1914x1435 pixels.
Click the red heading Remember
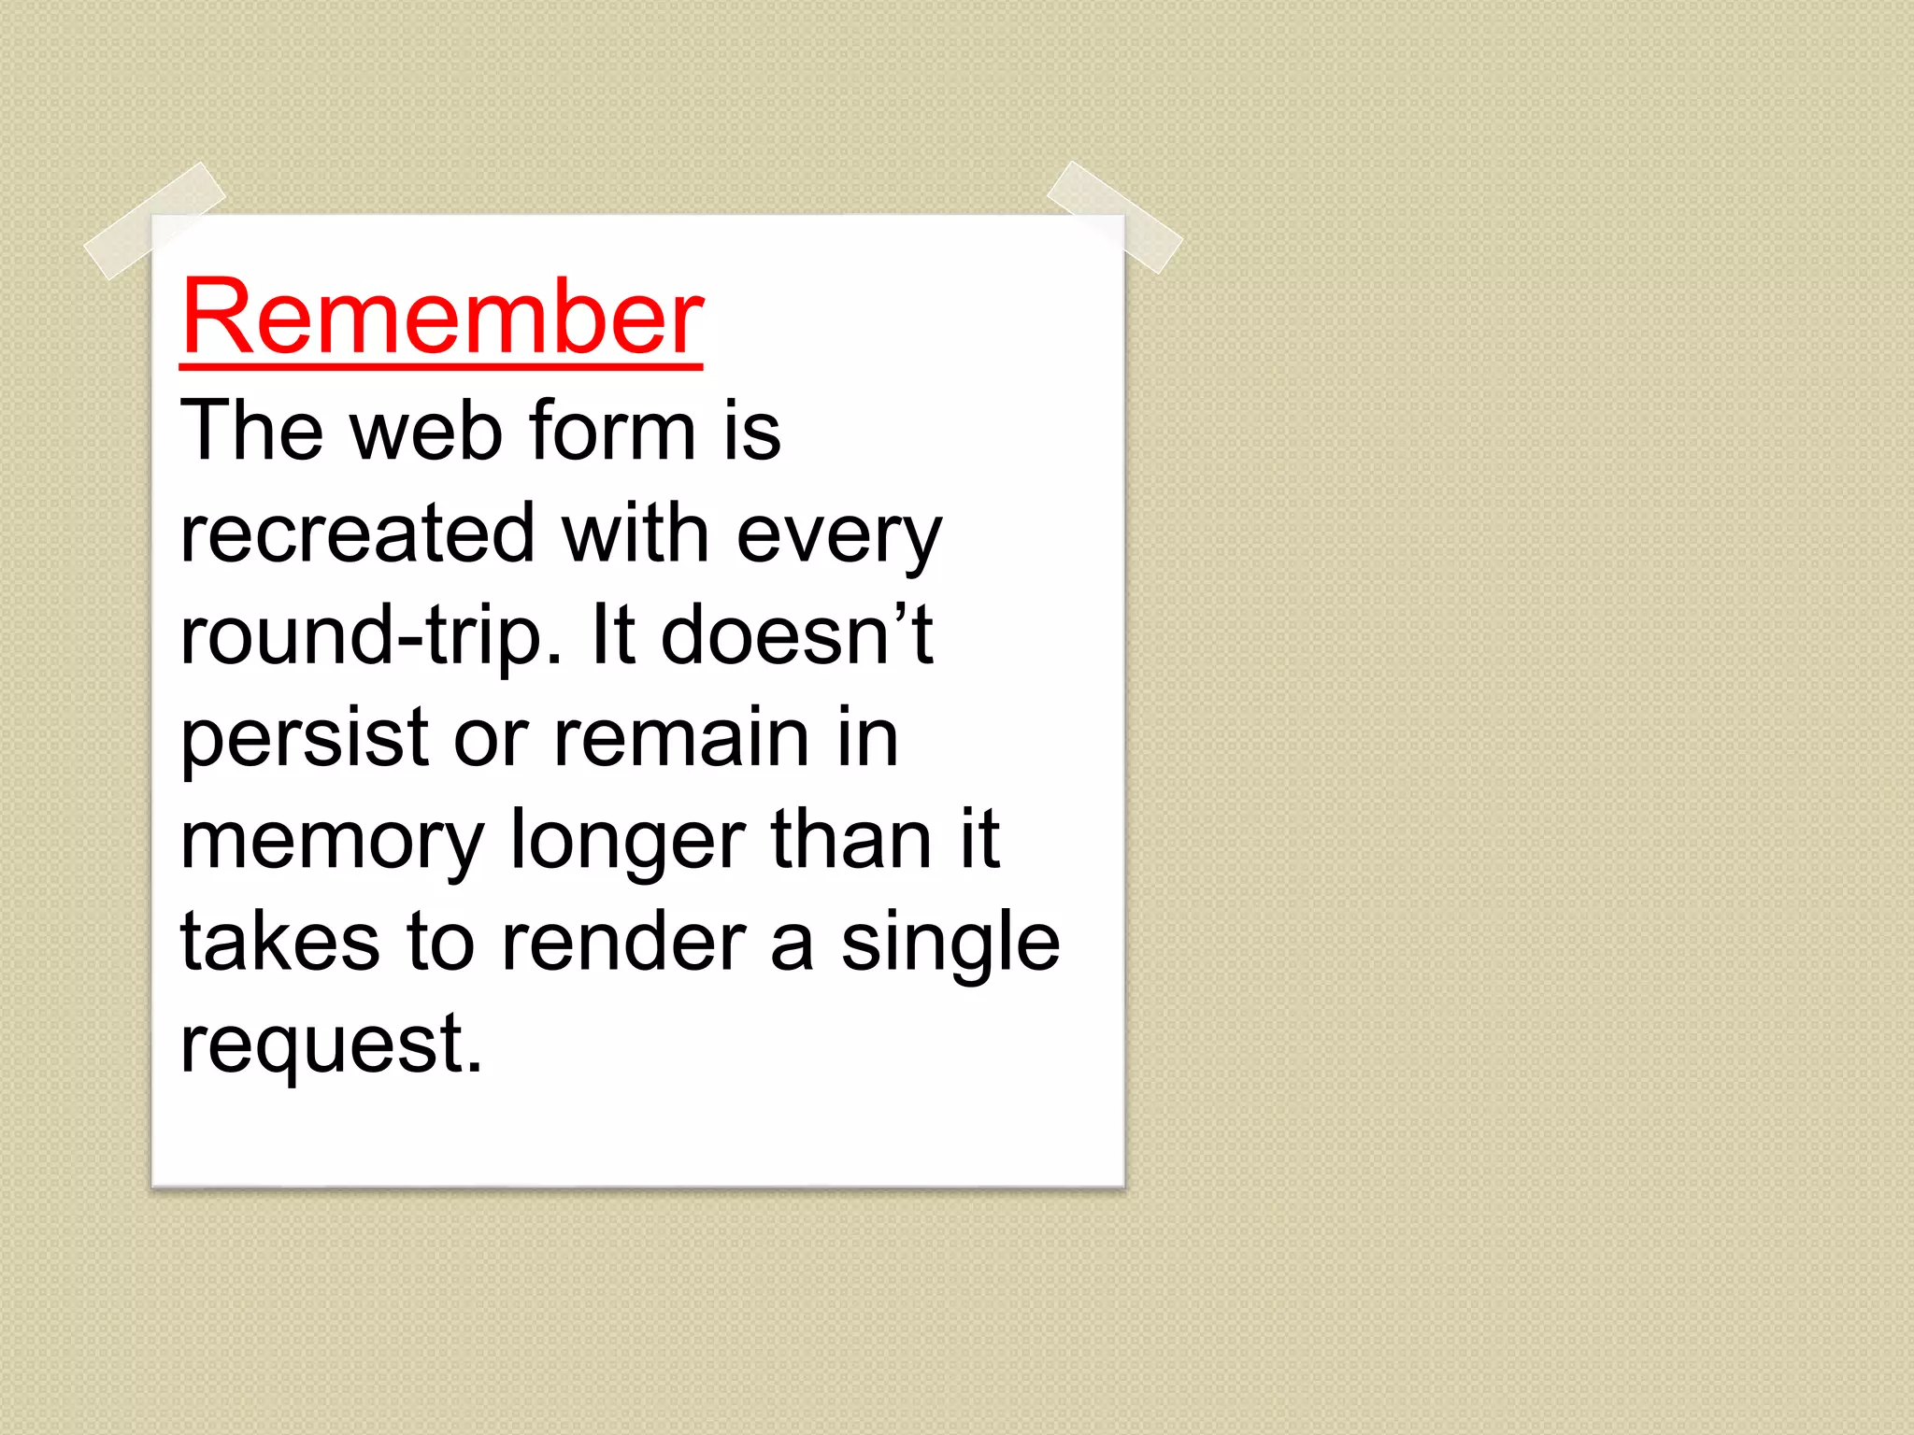point(441,318)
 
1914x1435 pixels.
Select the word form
point(612,431)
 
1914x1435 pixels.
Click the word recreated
point(357,533)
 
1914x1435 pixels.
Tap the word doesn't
point(796,634)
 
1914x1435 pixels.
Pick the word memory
point(332,842)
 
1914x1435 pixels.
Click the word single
point(950,943)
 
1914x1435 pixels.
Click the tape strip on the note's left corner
point(154,220)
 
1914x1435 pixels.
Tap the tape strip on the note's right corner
point(1114,216)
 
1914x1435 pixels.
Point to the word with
point(635,533)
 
